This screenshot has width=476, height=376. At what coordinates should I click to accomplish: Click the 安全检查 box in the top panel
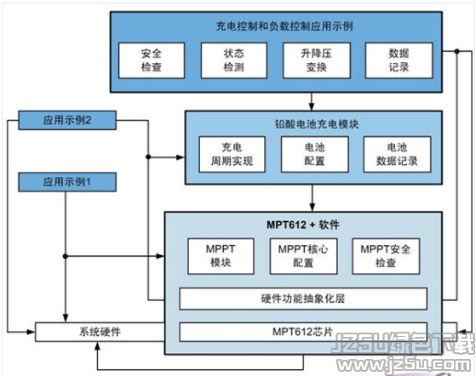point(152,60)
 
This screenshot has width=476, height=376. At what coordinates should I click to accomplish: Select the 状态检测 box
point(234,60)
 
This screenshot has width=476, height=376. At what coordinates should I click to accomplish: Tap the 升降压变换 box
point(317,60)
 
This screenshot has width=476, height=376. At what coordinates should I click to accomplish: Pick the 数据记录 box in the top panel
point(399,60)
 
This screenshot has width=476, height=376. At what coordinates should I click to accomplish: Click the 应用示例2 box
point(67,121)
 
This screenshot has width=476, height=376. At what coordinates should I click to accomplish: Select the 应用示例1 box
point(67,182)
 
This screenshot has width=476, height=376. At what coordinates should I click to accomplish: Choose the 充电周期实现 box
point(232,154)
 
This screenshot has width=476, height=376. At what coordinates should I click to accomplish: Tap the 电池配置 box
point(315,154)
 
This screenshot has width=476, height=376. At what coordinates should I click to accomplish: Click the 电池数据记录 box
point(397,154)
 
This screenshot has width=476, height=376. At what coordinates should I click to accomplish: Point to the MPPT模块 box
point(221,256)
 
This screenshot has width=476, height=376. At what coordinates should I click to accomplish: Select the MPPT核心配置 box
point(303,256)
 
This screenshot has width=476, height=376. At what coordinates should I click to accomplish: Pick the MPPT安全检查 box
point(386,256)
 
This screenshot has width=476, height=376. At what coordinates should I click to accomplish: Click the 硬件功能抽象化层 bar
point(303,299)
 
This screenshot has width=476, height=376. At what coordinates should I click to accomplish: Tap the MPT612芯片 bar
point(303,332)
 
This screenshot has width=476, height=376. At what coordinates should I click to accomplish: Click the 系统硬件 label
point(100,332)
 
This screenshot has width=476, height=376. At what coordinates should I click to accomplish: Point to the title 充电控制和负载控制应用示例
point(284,26)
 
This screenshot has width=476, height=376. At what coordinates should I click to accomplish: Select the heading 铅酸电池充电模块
point(317,124)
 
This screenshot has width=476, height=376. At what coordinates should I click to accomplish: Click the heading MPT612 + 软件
point(303,225)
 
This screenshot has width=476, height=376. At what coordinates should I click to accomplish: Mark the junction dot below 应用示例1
point(66,256)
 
